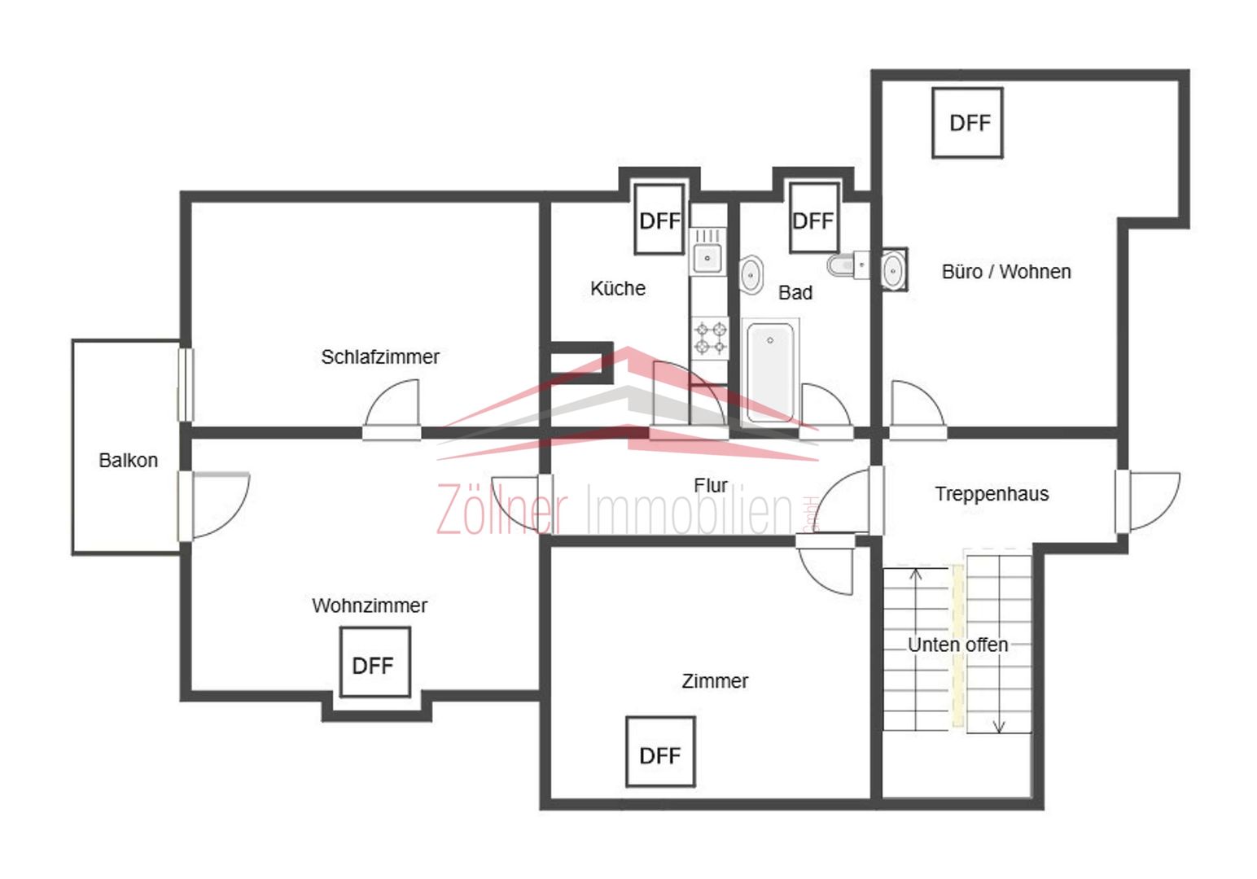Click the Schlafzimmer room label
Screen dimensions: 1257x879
[x=380, y=357]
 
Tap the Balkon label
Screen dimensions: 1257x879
[x=128, y=461]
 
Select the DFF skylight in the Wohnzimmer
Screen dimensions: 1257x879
[x=374, y=662]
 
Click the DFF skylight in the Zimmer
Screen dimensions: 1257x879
[x=660, y=752]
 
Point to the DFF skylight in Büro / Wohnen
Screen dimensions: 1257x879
[x=967, y=123]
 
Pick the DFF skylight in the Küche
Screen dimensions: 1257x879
[x=659, y=219]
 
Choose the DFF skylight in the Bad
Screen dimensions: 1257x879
[x=813, y=218]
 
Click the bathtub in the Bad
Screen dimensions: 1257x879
[x=770, y=372]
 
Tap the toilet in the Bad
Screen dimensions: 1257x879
[x=848, y=265]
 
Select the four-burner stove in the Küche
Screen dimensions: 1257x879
[x=710, y=338]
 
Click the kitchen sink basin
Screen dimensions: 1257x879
[x=707, y=259]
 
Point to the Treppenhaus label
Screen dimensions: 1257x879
[x=992, y=494]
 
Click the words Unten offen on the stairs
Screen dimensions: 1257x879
[x=958, y=645]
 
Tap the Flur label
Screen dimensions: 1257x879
[x=711, y=485]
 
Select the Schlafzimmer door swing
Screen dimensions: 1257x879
[x=391, y=403]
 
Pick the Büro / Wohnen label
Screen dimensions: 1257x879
[x=1006, y=272]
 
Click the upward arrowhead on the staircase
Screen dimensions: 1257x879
[x=916, y=575]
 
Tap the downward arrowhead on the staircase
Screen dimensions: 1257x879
[x=998, y=727]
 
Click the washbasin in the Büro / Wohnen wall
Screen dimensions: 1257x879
[x=893, y=270]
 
